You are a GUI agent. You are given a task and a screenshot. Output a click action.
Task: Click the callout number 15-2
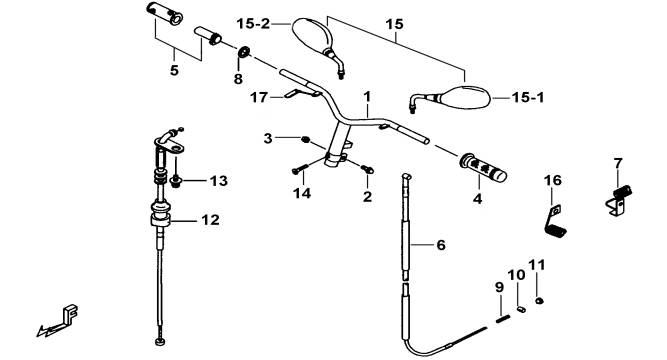(x=253, y=24)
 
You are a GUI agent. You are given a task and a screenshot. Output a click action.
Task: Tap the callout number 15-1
(x=528, y=98)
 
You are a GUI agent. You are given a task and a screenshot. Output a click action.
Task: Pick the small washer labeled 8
(x=244, y=52)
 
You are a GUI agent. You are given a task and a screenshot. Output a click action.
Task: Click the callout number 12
(x=211, y=220)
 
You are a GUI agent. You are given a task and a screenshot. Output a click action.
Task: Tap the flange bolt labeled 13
(x=174, y=182)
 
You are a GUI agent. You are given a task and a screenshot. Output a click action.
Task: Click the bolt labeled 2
(x=367, y=169)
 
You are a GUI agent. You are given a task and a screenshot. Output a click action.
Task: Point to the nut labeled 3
(x=305, y=140)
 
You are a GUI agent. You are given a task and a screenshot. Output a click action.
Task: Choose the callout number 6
(x=441, y=245)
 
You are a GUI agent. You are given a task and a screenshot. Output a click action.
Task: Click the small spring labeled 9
(x=502, y=318)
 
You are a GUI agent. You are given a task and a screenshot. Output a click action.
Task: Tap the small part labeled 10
(x=521, y=309)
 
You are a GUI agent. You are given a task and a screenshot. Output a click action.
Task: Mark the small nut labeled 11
(x=539, y=300)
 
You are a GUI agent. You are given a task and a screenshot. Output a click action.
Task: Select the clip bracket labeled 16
(x=554, y=220)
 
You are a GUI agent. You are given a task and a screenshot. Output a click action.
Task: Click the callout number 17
(x=259, y=98)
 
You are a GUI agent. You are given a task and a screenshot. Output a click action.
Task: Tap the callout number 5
(x=174, y=70)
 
